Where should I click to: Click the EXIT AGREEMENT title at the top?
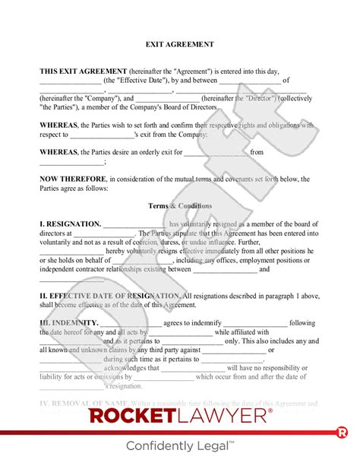(x=180, y=45)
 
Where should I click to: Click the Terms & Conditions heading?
(x=180, y=206)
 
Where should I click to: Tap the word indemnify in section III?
(x=202, y=323)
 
